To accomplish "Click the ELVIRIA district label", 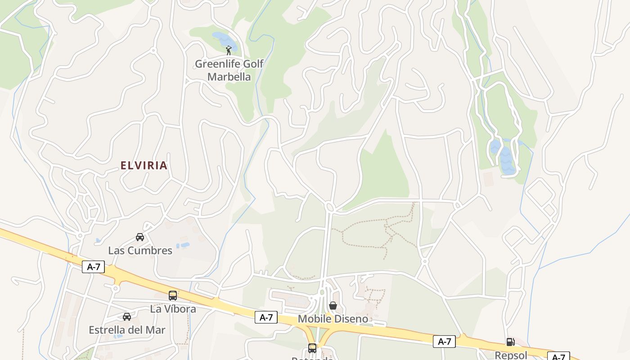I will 144,166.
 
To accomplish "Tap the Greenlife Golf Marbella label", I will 229,70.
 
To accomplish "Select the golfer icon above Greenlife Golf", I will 229,50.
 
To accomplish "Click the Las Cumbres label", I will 140,251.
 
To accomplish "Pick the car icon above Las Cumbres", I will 140,237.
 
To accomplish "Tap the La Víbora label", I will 173,309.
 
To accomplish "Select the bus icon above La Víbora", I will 173,296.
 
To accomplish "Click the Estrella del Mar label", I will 127,330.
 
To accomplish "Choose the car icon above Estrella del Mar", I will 127,317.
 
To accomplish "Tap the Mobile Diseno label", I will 333,319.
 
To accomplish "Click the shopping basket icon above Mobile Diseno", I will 333,306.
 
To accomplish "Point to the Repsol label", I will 511,355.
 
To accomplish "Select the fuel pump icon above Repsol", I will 510,342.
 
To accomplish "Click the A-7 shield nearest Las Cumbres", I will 94,267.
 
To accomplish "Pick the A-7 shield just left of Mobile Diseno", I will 266,317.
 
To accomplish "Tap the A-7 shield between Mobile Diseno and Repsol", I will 444,342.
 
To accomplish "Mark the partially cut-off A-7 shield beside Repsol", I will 558,356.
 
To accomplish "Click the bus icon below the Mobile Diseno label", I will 312,348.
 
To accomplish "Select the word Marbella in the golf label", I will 229,76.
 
